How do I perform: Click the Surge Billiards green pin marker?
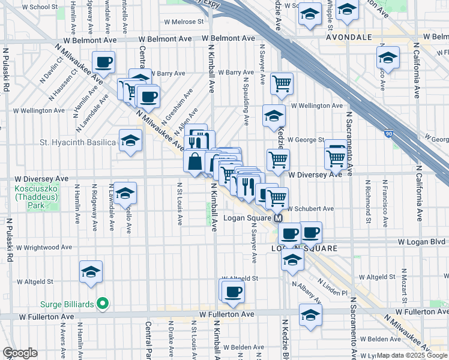(103, 304)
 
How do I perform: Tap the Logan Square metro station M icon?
(279, 218)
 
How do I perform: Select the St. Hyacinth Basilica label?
(77, 142)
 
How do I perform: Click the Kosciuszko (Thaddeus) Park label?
(29, 197)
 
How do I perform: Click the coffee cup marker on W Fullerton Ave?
(233, 292)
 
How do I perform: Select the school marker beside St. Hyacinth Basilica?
(130, 141)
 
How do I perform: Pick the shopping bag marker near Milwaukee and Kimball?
(196, 161)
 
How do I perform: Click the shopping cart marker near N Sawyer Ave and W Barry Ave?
(281, 83)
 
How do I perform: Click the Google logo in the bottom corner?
(20, 353)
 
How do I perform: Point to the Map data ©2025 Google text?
(412, 356)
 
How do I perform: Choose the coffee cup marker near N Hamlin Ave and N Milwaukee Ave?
(103, 62)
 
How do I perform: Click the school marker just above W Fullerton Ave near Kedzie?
(310, 314)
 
